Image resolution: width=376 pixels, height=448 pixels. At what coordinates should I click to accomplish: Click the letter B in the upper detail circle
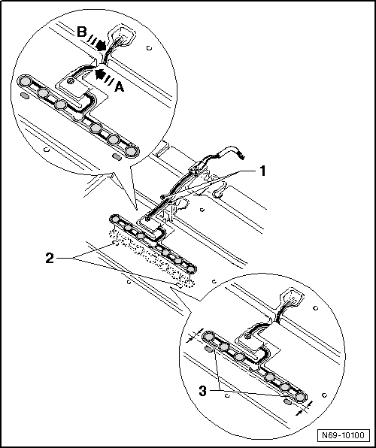point(82,32)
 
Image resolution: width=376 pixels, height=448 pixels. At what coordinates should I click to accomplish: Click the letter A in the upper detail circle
point(120,87)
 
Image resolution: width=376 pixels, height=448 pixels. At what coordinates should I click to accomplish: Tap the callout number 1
point(262,171)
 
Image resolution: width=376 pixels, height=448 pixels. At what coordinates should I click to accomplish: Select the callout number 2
point(50,259)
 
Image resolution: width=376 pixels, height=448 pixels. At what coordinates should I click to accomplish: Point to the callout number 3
point(202,391)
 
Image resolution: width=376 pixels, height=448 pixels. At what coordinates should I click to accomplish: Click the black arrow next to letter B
point(101,46)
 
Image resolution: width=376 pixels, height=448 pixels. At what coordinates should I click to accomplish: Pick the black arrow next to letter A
point(99,74)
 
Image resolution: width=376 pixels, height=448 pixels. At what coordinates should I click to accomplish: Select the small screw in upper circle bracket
point(70,82)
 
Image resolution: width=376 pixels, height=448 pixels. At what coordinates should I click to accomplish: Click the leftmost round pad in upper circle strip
point(26,82)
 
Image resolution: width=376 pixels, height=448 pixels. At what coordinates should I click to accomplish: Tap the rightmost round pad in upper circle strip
point(131,151)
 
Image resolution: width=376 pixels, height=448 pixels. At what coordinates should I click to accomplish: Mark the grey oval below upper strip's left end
point(25,95)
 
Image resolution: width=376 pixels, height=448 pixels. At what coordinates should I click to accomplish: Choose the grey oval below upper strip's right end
point(117,156)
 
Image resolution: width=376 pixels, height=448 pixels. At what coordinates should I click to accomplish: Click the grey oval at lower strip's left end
point(209,349)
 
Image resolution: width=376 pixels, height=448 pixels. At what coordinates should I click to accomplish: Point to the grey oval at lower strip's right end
point(287,402)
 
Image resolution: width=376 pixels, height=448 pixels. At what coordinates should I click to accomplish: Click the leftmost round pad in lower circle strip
point(209,338)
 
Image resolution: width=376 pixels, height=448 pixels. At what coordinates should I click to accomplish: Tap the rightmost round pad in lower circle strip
point(300,398)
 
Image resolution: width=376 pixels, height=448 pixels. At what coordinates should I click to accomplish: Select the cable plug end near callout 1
point(242,156)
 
